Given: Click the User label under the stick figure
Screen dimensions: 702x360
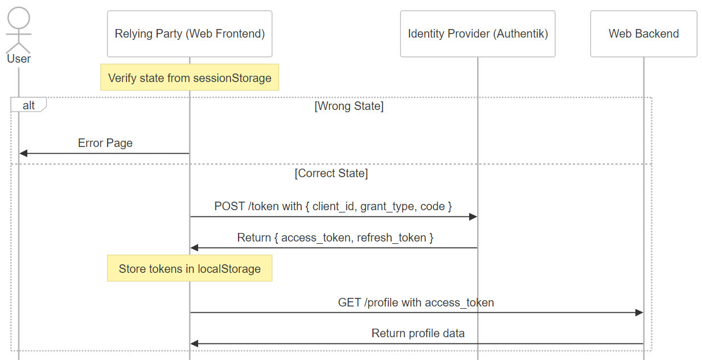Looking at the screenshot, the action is pos(19,59).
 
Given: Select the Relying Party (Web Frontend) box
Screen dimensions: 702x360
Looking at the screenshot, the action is pos(190,34).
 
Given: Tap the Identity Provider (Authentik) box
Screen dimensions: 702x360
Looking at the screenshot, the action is pos(478,34).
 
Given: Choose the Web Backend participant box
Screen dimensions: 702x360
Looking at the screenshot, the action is pos(644,34).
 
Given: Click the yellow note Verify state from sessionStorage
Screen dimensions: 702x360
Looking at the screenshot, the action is pos(190,77).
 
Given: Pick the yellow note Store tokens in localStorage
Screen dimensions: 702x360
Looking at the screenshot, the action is pos(190,268).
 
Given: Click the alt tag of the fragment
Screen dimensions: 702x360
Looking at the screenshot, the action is pos(28,105).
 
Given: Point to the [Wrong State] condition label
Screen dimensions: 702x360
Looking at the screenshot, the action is pos(349,106).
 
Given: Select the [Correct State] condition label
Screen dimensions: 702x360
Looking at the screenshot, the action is pos(331,173).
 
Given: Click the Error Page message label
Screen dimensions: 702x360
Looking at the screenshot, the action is pos(105,143).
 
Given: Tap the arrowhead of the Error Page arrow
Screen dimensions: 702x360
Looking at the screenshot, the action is pos(23,153).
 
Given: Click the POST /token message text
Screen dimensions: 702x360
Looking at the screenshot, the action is pos(333,206).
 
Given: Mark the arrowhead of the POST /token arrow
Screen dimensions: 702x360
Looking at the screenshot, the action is pos(473,216).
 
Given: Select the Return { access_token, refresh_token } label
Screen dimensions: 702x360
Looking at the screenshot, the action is pos(335,238).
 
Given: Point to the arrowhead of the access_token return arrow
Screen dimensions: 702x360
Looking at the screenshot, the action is pos(194,248).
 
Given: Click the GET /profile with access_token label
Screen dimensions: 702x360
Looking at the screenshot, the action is pos(416,302).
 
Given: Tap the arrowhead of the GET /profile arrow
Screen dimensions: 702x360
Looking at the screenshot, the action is pos(639,313).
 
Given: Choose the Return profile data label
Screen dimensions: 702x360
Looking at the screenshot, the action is pos(418,333).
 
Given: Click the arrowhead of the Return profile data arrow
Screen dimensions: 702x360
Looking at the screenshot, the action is pos(194,343).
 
